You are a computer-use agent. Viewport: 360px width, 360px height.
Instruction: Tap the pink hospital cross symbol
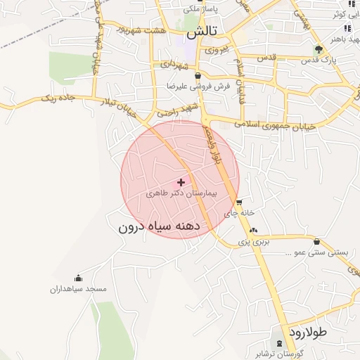[181, 181]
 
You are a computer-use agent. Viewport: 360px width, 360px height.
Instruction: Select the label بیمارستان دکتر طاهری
[181, 192]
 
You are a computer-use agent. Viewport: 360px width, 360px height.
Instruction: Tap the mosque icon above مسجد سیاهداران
[77, 278]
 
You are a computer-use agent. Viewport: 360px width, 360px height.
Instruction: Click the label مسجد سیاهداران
[77, 288]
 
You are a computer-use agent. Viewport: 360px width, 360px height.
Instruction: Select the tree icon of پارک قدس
[319, 49]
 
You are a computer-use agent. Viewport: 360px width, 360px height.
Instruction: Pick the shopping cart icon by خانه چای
[239, 202]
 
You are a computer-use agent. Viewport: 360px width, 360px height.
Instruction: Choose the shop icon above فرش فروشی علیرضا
[198, 75]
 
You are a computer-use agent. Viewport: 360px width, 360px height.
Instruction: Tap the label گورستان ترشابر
[281, 353]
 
